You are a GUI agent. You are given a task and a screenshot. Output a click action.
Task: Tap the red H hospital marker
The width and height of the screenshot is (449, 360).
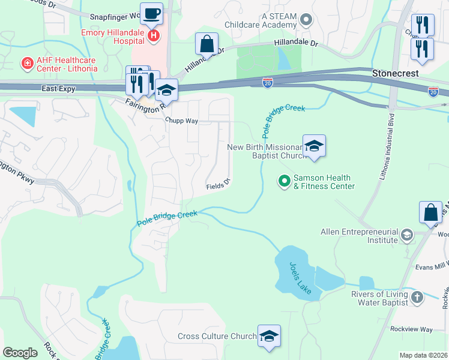pos(153,36)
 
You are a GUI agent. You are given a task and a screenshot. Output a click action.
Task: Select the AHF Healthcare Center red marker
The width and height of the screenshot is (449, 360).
pos(26,62)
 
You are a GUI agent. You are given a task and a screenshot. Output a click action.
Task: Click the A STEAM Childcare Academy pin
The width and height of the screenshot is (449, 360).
pos(306,20)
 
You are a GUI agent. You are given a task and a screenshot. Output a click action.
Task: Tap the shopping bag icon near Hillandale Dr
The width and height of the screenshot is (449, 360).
pos(206,44)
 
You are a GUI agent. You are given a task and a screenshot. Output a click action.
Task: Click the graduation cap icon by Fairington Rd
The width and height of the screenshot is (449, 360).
pos(166,90)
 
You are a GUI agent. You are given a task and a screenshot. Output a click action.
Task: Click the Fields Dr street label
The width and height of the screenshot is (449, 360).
pos(218,185)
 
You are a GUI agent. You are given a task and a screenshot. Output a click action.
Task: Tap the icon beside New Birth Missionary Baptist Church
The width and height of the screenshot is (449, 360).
pos(314,146)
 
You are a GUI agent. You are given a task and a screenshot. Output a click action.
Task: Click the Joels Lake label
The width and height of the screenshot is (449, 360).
pos(300,279)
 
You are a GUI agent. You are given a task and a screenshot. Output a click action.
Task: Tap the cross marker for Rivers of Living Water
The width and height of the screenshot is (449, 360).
pos(417,298)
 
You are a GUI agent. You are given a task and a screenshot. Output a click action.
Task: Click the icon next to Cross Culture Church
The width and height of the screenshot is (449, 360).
pos(269,336)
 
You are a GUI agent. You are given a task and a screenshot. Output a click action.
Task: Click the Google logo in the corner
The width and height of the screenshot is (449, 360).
pos(20,352)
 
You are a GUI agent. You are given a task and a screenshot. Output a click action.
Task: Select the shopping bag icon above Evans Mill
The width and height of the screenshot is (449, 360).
pos(430,213)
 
